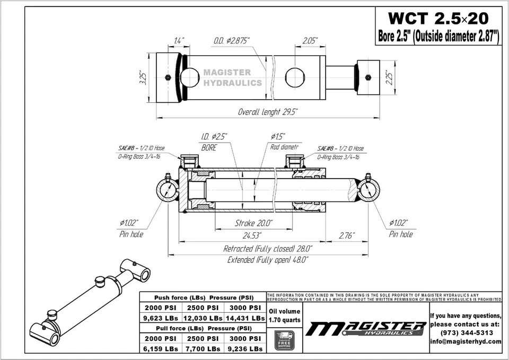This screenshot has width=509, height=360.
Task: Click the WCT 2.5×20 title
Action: coord(438,19)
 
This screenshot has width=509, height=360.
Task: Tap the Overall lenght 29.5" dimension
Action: coord(267,112)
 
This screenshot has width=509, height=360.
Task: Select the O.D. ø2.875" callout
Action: coord(231,41)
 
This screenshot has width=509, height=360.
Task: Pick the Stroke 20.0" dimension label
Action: coord(253,223)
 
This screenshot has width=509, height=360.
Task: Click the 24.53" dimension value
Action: coord(249,235)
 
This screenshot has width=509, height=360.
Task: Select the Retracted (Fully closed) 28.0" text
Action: coord(267,248)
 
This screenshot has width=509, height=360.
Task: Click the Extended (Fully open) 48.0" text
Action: coord(267,260)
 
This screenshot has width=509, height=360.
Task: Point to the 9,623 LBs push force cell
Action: coord(161,318)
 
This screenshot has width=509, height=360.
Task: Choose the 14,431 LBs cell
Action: coord(245,318)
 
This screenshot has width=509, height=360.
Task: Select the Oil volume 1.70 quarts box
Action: coord(285,315)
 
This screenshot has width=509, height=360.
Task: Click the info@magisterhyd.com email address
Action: coord(466,341)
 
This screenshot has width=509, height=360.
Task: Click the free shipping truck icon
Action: coord(285,340)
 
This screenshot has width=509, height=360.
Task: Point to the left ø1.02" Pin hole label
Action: coord(130,228)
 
